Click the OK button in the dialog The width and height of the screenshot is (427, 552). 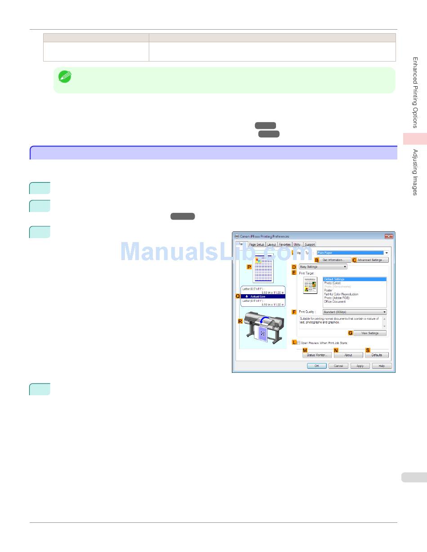316,366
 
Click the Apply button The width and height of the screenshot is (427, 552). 360,366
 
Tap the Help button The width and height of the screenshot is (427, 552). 382,366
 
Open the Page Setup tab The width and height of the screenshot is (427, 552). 257,244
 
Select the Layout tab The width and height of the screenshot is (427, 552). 271,244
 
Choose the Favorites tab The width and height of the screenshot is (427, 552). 285,244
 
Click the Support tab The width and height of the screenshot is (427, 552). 310,244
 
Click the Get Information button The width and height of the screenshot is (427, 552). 333,260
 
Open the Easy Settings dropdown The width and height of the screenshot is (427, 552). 323,267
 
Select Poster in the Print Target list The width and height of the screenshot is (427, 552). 329,291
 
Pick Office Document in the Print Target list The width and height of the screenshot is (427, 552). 335,302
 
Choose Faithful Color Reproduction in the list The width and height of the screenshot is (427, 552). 341,294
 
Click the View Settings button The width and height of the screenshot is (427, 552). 370,333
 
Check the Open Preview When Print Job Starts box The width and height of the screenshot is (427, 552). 298,343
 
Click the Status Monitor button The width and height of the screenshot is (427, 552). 317,355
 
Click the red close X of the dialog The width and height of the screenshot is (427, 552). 388,236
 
